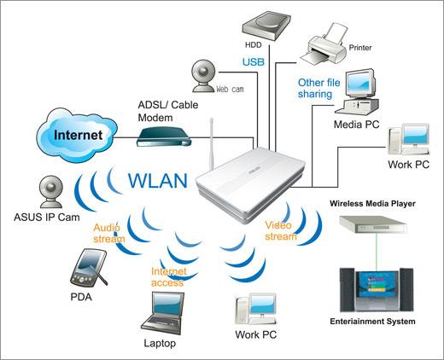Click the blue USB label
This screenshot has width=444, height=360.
click(x=254, y=62)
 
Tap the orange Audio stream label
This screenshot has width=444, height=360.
click(x=108, y=234)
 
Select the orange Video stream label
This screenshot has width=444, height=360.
click(x=282, y=230)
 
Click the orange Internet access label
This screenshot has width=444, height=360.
click(x=167, y=277)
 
